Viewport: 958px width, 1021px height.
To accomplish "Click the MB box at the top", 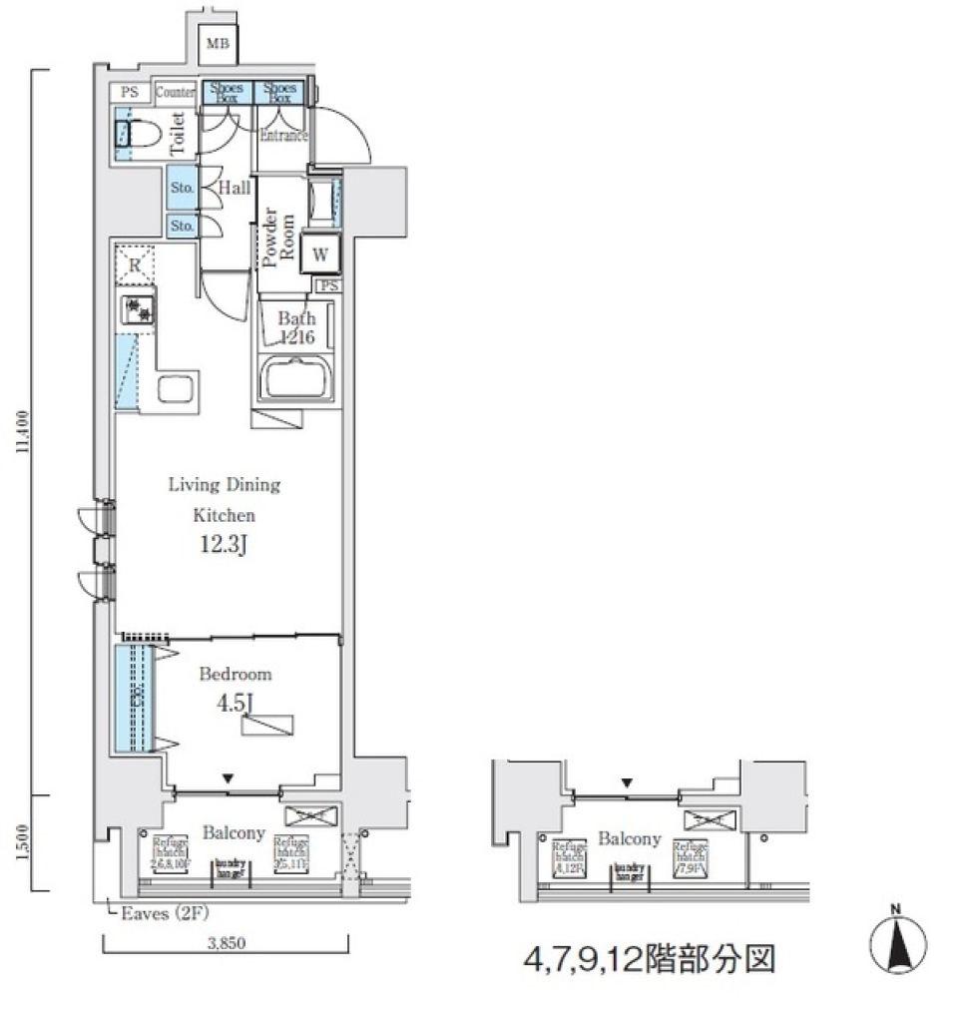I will coord(217,44).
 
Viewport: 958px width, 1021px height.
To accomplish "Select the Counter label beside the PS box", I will coord(176,93).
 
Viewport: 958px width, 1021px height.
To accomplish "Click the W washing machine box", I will coord(320,254).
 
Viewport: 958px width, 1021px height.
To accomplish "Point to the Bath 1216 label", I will coord(296,327).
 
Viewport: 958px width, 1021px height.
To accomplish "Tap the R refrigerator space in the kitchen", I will coord(135,266).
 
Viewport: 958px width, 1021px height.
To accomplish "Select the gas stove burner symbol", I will coord(136,309).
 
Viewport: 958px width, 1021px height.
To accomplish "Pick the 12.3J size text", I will coord(224,546).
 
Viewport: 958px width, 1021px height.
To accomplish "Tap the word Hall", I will coord(235,189).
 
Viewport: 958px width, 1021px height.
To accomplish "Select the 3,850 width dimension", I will coord(225,941).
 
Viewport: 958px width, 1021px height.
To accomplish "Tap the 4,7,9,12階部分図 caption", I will coord(650,960).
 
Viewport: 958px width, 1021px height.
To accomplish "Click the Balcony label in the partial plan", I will coord(630,839).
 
